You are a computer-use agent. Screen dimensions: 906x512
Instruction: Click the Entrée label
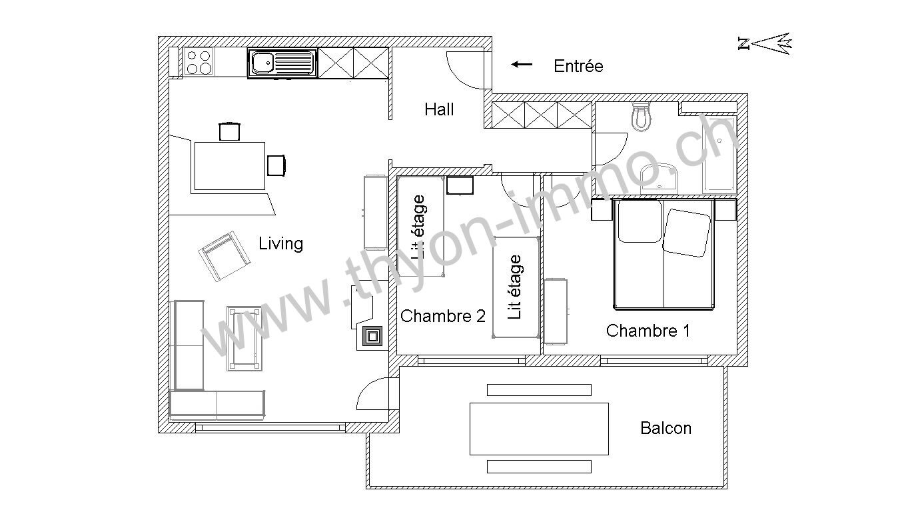click(578, 66)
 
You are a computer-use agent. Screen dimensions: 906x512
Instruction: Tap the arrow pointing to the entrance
click(522, 65)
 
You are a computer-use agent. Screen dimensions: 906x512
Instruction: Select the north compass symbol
click(765, 44)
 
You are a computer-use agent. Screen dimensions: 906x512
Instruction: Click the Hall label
click(439, 109)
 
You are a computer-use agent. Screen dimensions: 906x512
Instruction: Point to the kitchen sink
click(282, 63)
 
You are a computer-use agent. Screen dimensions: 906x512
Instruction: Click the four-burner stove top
click(199, 62)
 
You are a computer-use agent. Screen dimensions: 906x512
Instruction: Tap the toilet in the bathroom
click(642, 117)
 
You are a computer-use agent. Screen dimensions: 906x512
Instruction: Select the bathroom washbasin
click(660, 178)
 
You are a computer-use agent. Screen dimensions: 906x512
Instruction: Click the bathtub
click(719, 154)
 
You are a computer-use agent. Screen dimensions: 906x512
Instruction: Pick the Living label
click(280, 243)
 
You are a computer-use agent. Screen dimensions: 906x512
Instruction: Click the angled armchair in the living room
click(224, 256)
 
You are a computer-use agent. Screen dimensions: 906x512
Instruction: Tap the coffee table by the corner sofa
click(244, 339)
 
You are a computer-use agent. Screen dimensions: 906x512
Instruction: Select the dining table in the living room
click(230, 166)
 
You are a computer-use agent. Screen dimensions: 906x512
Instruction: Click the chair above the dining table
click(229, 131)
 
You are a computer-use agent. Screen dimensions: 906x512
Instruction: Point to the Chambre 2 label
click(443, 316)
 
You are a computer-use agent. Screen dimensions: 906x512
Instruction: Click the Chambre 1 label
click(648, 331)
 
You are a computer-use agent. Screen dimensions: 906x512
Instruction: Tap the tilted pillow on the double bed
click(686, 233)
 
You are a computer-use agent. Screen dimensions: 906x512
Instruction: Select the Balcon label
click(666, 428)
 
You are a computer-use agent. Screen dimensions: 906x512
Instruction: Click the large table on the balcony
click(539, 429)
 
